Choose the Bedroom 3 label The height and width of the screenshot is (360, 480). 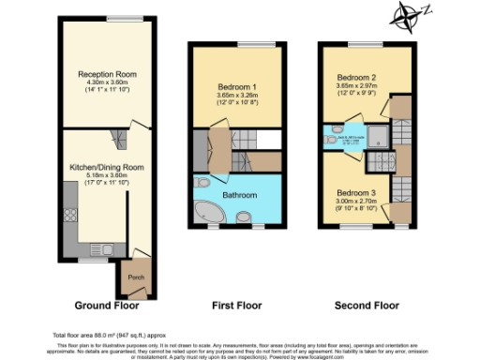tap(356, 192)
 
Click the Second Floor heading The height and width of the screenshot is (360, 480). tap(367, 306)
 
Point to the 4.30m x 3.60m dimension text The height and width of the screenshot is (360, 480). tap(106, 81)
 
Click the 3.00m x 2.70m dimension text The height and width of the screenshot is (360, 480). tap(356, 201)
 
